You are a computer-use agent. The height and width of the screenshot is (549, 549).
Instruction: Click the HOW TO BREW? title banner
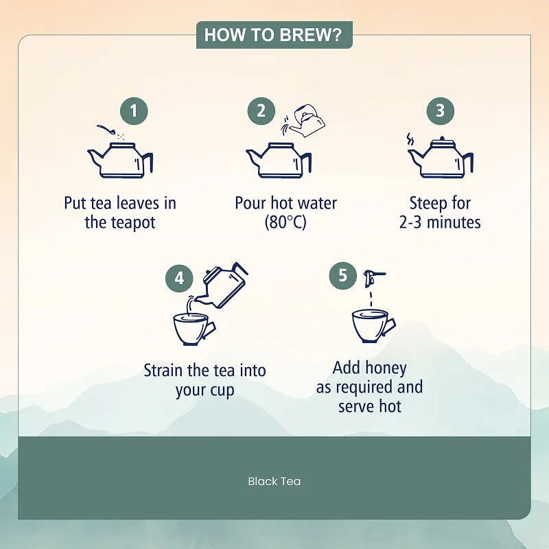tap(274, 35)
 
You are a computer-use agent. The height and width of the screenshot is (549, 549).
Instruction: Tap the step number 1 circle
tap(134, 111)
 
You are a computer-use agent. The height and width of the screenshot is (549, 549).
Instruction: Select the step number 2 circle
tap(261, 111)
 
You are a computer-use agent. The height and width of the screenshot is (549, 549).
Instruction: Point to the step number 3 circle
tap(440, 111)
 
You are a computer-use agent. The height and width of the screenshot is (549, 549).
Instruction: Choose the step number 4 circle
tap(179, 279)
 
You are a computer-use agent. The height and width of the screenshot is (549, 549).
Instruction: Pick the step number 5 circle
tap(342, 276)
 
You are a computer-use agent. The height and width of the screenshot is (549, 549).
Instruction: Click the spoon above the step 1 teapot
tap(107, 130)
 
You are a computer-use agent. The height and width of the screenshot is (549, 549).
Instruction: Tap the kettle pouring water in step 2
tap(305, 121)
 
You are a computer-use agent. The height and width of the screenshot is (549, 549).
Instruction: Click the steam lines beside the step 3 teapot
tap(410, 139)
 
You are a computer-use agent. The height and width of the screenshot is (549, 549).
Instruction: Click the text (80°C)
tap(285, 222)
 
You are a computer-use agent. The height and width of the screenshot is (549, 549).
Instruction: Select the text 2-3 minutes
tap(440, 222)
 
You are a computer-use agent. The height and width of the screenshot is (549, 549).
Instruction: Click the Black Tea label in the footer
tap(274, 482)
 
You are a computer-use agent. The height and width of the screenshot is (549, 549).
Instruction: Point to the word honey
tap(386, 369)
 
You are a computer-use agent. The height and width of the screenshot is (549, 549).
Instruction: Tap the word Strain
tap(163, 371)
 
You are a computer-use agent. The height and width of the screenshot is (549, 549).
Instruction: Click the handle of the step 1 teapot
tap(148, 162)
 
